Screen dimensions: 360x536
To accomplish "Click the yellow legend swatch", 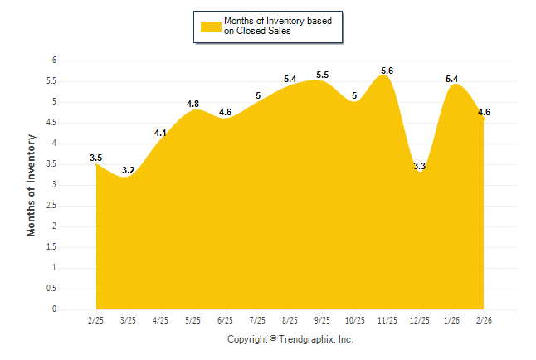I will click(211, 26).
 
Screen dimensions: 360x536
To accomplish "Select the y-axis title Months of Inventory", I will click(32, 185).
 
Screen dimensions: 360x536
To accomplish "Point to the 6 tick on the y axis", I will click(53, 61).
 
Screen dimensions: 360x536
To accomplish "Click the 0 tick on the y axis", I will click(53, 309).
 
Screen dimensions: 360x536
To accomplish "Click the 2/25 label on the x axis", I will click(95, 319).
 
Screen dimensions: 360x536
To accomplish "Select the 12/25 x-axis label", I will click(419, 319).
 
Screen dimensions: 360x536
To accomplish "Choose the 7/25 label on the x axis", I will click(257, 319).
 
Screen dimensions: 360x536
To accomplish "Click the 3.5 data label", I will click(96, 158).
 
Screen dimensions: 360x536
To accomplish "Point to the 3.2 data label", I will click(128, 170).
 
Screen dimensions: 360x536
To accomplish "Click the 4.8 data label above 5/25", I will click(193, 104).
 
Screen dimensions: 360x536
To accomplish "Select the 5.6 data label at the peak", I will click(387, 71).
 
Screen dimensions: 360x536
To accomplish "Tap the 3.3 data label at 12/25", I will click(419, 166).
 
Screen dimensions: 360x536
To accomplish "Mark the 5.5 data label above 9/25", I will click(322, 75).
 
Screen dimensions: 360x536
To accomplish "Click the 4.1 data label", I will click(161, 133).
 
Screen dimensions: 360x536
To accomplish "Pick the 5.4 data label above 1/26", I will click(452, 79).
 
